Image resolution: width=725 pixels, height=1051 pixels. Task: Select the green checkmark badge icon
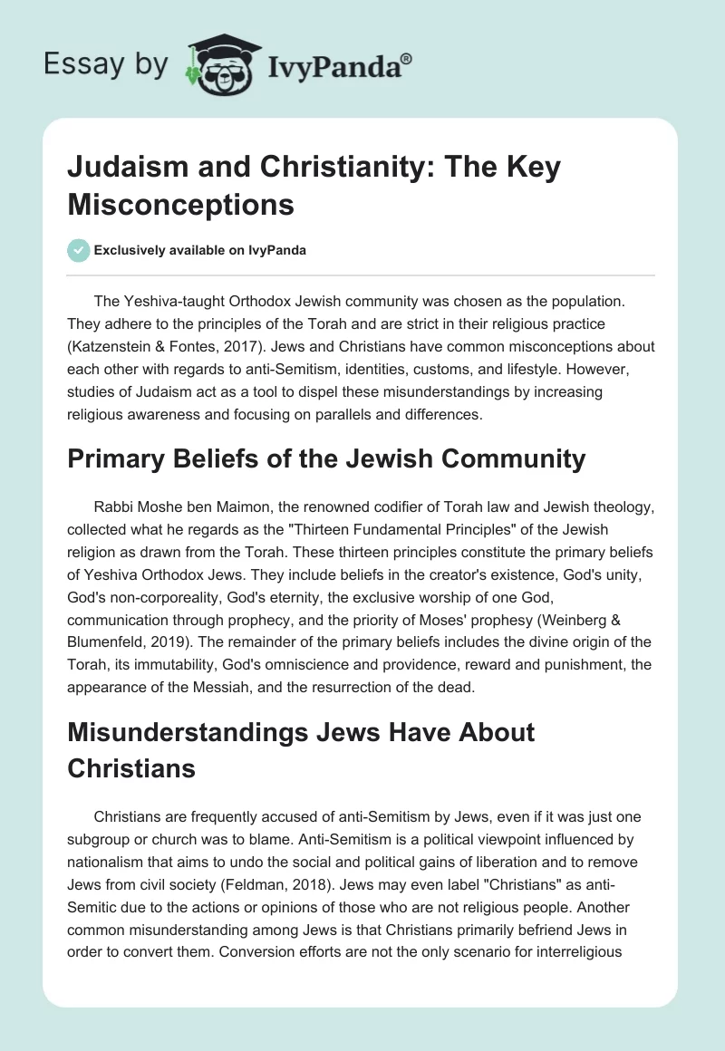tap(78, 250)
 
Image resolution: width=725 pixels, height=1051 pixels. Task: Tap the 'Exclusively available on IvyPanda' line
tap(199, 250)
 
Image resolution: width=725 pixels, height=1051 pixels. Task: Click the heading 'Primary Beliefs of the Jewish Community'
tap(326, 458)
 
